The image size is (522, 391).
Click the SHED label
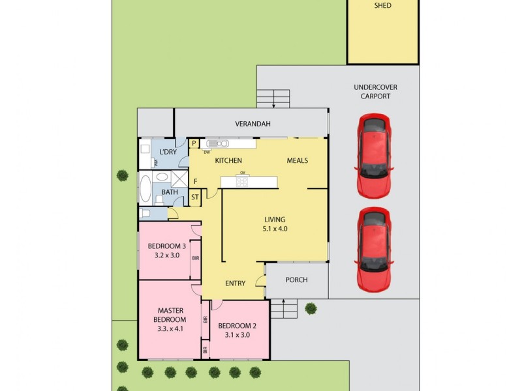click(x=382, y=6)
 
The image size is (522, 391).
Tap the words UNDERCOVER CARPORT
click(x=375, y=91)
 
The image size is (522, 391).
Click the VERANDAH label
click(x=253, y=124)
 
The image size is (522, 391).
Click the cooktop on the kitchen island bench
click(x=242, y=181)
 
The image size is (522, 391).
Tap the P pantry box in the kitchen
click(x=194, y=144)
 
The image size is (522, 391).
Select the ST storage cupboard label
click(x=194, y=197)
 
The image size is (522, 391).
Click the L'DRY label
click(x=168, y=152)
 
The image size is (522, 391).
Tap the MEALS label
click(x=297, y=160)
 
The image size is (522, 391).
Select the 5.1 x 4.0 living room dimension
click(x=275, y=229)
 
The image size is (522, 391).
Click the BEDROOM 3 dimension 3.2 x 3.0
click(x=166, y=255)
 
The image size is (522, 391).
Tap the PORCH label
click(x=297, y=280)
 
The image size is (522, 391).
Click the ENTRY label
click(x=235, y=283)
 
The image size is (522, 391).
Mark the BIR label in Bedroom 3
click(x=195, y=259)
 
